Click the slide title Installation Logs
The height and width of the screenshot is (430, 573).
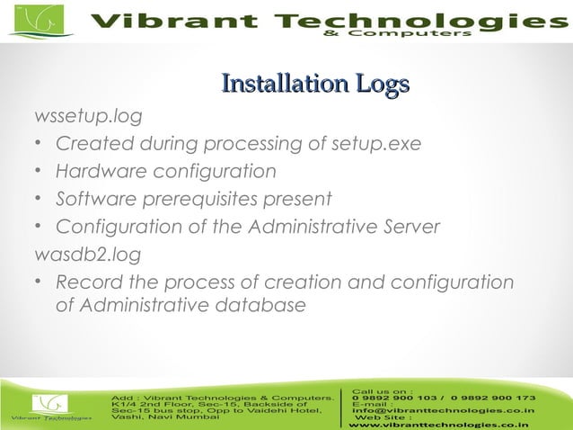click(315, 85)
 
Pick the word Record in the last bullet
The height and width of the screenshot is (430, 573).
click(86, 282)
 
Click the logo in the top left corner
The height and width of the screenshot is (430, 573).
click(40, 21)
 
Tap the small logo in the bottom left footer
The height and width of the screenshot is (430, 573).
click(50, 405)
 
